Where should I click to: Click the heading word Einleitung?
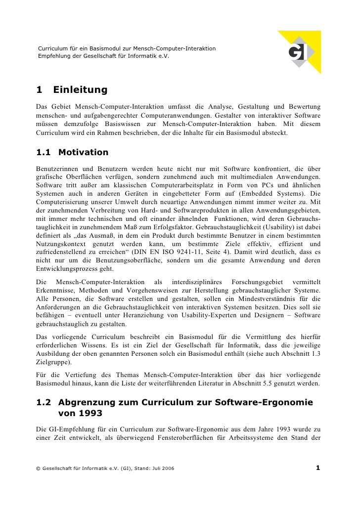pos(80,90)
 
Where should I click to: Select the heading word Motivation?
pos(83,152)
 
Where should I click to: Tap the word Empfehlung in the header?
pos(52,56)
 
